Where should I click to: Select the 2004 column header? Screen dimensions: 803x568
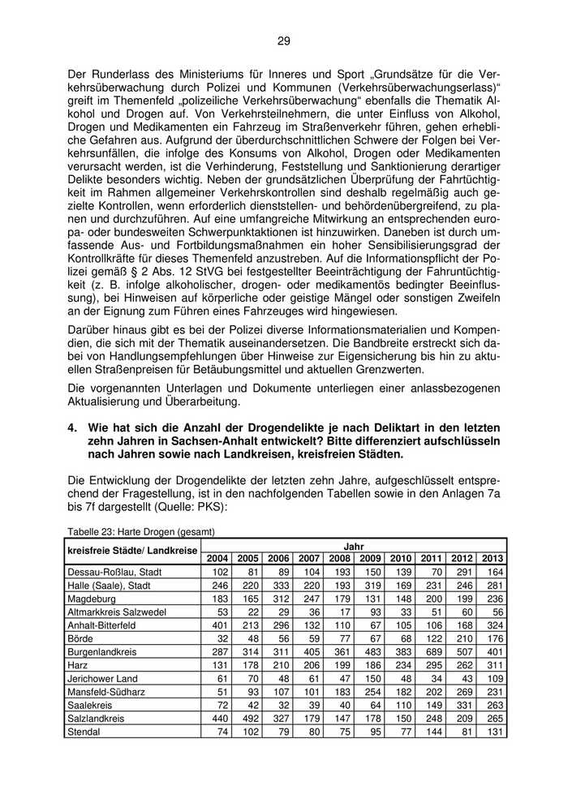click(217, 559)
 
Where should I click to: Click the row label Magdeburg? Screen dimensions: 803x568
click(93, 599)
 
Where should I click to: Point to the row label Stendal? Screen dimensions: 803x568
click(85, 732)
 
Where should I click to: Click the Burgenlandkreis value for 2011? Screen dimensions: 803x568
click(431, 652)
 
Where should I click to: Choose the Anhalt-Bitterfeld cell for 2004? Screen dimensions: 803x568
click(217, 625)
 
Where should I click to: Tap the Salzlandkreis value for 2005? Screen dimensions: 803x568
click(247, 718)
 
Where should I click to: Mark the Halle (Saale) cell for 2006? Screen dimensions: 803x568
click(278, 586)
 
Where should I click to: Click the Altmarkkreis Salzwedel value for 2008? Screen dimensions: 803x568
click(340, 612)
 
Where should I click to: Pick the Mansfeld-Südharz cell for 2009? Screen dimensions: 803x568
click(371, 692)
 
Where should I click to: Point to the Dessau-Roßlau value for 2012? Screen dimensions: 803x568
click(461, 573)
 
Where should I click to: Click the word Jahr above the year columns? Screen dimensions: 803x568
click(354, 546)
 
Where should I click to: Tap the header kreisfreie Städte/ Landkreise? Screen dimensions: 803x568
click(131, 552)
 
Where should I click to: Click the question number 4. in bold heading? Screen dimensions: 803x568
click(72, 427)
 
